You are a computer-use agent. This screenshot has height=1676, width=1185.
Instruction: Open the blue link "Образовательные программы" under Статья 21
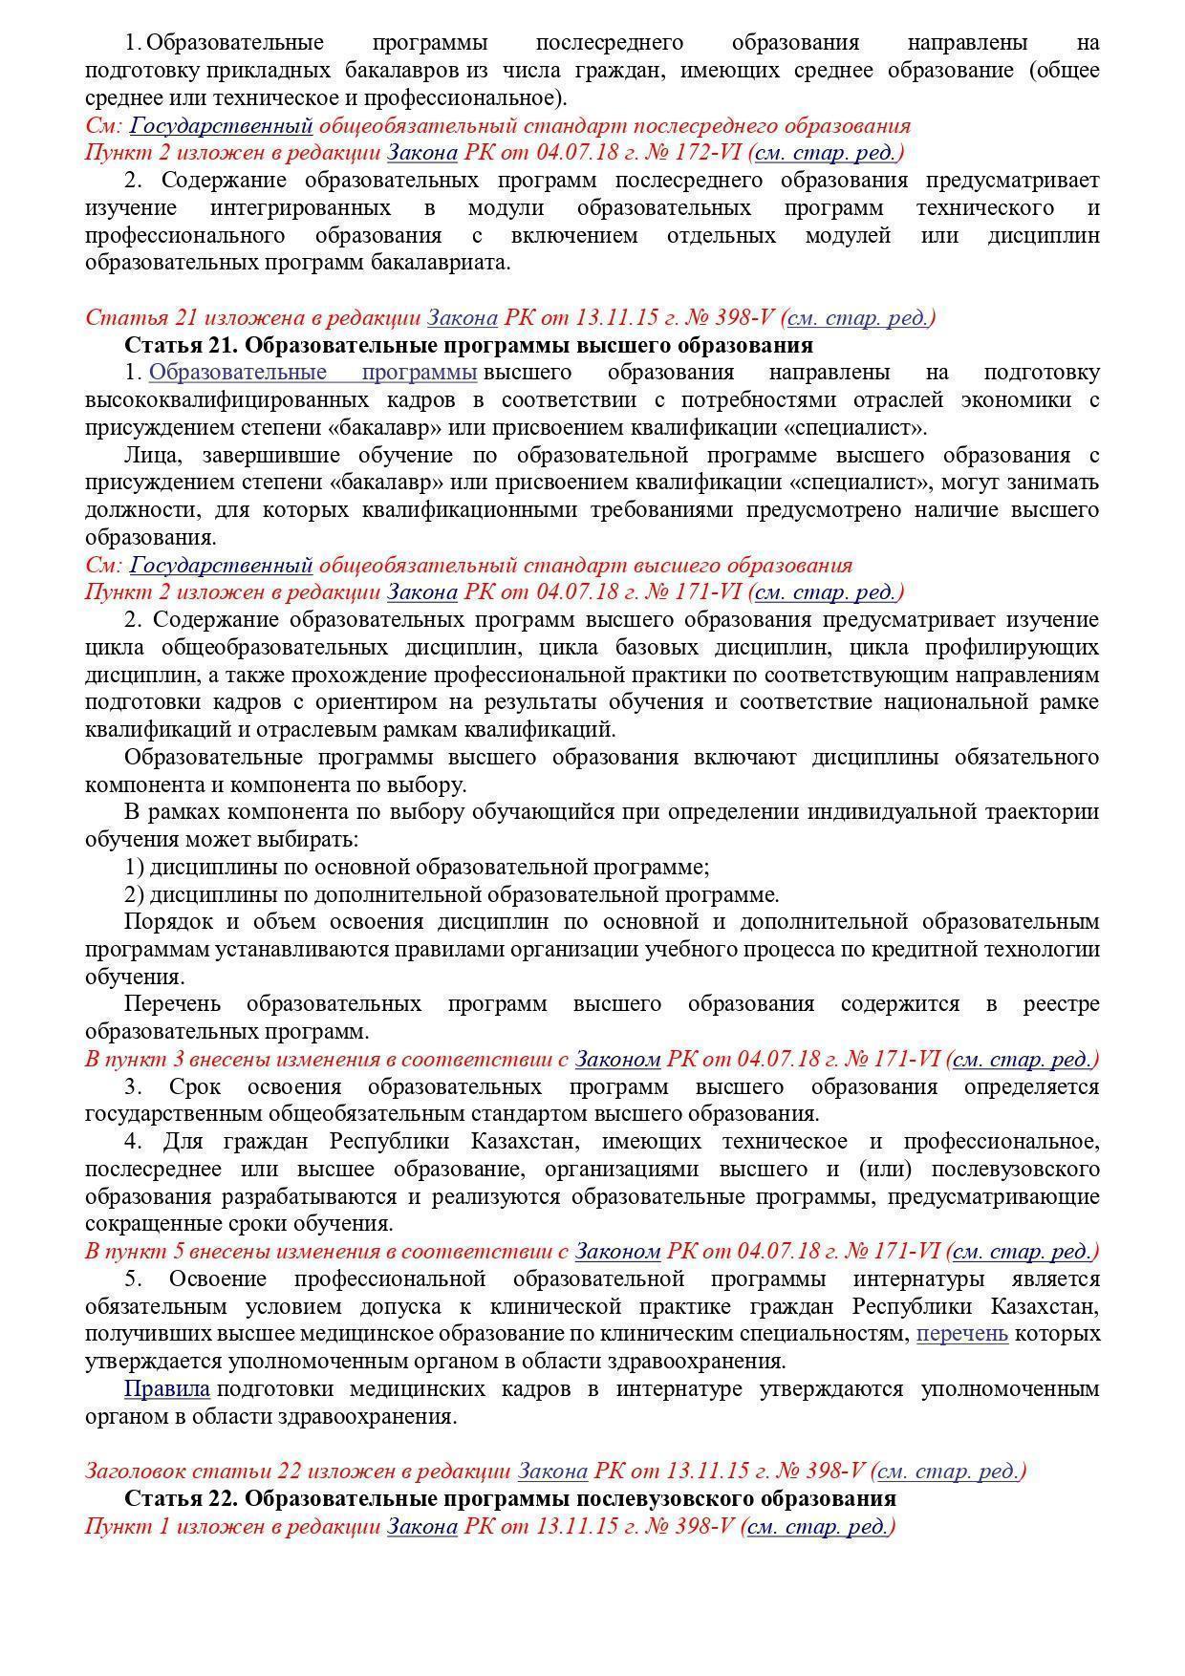pos(312,373)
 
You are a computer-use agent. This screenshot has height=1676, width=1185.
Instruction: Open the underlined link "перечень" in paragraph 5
pos(961,1334)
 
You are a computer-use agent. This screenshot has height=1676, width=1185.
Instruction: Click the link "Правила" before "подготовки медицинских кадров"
pos(167,1389)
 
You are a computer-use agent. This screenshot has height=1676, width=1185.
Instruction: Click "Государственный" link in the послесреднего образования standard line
pos(221,126)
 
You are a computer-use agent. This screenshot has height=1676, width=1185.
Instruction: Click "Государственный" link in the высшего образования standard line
pos(221,566)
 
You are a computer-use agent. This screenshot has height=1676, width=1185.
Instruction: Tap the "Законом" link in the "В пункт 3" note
pos(617,1060)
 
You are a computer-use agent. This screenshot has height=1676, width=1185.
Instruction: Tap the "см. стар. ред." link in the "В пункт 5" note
pos(1023,1252)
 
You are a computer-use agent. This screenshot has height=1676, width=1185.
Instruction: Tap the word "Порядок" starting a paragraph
pos(166,923)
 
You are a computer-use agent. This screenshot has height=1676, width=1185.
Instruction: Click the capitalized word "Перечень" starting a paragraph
pos(172,1005)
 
